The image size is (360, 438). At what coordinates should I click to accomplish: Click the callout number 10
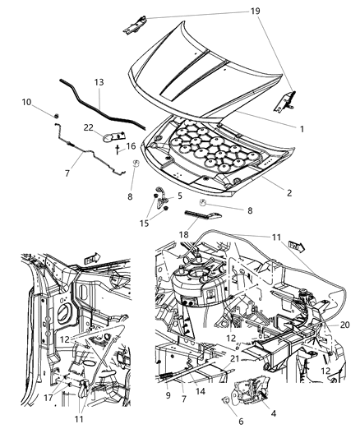tap(24, 101)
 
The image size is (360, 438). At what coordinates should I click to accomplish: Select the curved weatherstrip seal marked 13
tap(90, 97)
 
